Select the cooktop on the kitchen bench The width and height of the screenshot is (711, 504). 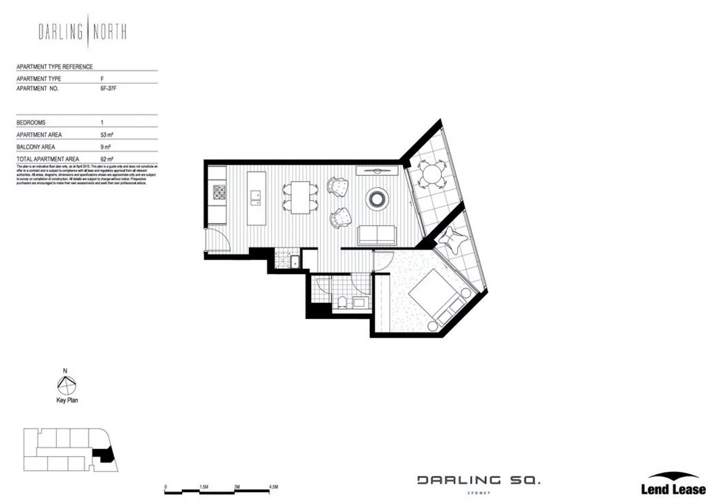click(x=219, y=192)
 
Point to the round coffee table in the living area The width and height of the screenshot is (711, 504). click(x=376, y=198)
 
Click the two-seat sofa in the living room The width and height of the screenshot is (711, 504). click(x=377, y=235)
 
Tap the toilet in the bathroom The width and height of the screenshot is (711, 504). click(x=342, y=303)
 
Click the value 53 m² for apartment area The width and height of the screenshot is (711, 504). click(x=107, y=135)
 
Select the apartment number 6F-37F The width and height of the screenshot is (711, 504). click(x=108, y=88)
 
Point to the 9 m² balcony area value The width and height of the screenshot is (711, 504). click(x=106, y=147)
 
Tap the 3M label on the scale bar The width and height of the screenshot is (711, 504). click(x=237, y=487)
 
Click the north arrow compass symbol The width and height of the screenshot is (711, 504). click(x=66, y=386)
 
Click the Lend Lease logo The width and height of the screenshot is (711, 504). click(x=673, y=484)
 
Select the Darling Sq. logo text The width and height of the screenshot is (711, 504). click(x=479, y=480)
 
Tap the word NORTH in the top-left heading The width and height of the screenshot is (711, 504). click(x=109, y=32)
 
